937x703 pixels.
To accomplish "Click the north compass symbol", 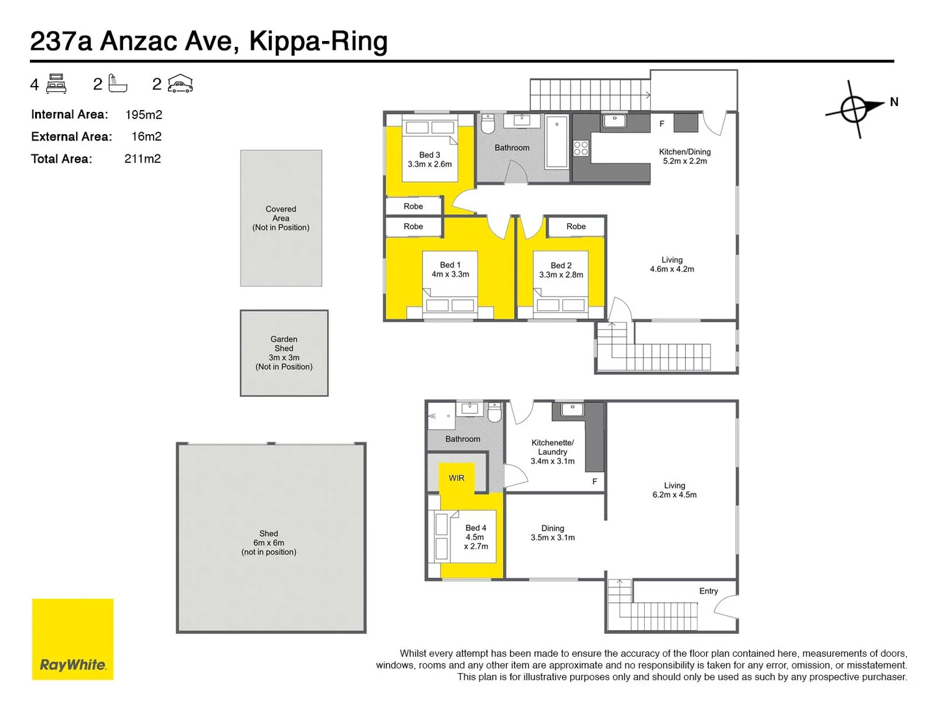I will (x=854, y=108).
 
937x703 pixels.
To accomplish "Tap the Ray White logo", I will (x=73, y=639).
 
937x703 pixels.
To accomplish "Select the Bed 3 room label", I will (x=429, y=155).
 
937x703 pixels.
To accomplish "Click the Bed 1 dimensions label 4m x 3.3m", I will (x=450, y=274).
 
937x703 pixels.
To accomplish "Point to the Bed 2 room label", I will (x=561, y=266).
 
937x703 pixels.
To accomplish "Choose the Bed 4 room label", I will (x=476, y=528).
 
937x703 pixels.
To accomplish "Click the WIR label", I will (x=456, y=478).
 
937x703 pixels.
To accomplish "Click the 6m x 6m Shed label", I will (x=269, y=542).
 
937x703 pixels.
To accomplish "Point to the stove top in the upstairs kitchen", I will (x=581, y=148).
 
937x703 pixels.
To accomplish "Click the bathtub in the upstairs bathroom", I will (x=556, y=142).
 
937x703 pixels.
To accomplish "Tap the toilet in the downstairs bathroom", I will (x=495, y=412).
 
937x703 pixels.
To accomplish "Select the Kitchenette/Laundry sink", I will (x=573, y=409).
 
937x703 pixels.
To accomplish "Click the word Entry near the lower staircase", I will (x=709, y=591).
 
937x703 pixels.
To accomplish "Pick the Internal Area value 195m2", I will (x=144, y=115).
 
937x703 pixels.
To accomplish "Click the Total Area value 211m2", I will (x=143, y=159).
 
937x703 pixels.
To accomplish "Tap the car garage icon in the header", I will (x=180, y=84).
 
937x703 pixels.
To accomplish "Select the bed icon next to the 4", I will (x=57, y=84).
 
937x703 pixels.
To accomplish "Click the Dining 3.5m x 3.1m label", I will (x=552, y=533).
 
